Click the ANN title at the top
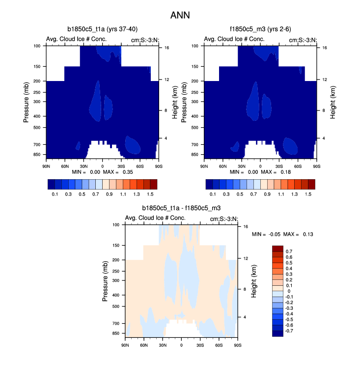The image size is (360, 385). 180,15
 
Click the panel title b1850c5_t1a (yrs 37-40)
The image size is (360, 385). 103,29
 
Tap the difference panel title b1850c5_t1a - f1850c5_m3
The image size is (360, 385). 181,208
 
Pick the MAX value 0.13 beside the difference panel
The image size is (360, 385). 307,234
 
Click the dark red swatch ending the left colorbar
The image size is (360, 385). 153,185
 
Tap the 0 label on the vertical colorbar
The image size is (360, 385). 289,292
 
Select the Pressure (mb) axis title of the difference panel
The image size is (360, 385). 106,280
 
